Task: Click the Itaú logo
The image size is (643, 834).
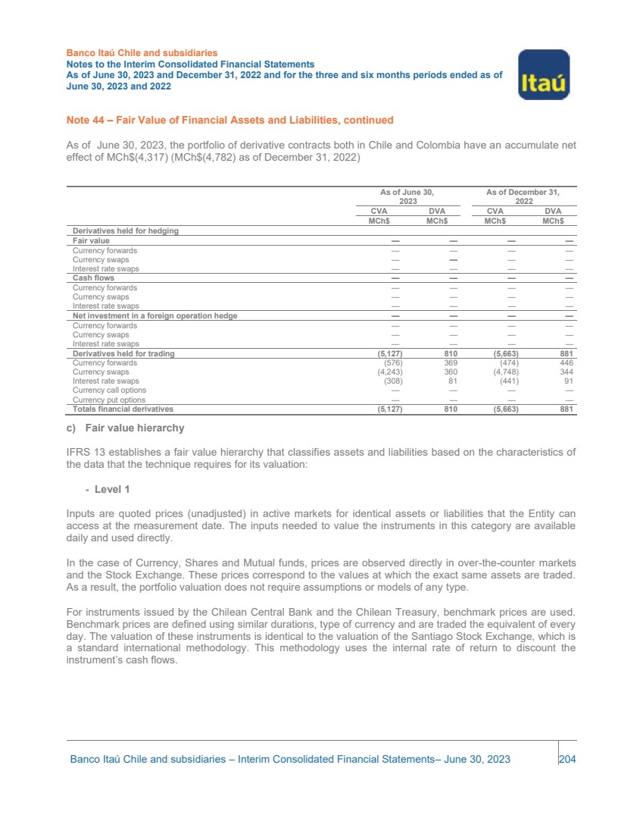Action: (x=543, y=74)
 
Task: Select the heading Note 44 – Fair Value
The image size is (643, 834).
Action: (x=229, y=121)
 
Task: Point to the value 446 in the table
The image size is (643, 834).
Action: (x=566, y=363)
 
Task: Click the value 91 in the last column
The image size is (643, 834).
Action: (x=569, y=381)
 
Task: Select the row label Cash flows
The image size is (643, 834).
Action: (x=93, y=278)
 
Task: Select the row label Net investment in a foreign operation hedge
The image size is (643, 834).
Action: (x=155, y=315)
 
